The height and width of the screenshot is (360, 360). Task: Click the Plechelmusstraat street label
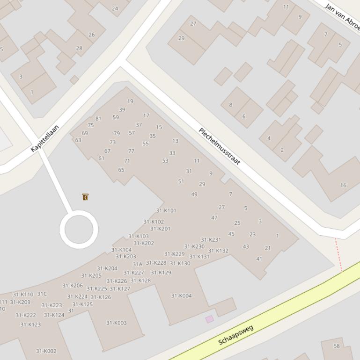click(x=220, y=146)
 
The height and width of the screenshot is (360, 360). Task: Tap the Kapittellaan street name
click(x=45, y=138)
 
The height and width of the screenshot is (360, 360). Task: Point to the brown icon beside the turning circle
click(x=85, y=197)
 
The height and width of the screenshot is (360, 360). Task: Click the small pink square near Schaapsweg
click(x=209, y=319)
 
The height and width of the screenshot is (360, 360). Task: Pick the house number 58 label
click(x=337, y=346)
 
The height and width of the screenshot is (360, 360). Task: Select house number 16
click(x=343, y=185)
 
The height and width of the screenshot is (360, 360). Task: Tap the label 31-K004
click(x=181, y=296)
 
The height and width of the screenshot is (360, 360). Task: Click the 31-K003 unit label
click(x=116, y=323)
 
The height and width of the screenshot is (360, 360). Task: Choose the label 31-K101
click(x=166, y=211)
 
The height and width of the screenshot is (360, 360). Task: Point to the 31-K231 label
click(x=211, y=240)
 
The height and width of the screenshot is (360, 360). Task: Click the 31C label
click(x=42, y=294)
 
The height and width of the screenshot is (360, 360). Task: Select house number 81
click(x=98, y=119)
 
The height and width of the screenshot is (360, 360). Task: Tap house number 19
click(x=130, y=101)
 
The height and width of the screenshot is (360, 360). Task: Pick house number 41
click(x=259, y=259)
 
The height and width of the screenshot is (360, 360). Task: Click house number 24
click(x=115, y=8)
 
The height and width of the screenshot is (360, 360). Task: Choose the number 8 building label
click(x=230, y=105)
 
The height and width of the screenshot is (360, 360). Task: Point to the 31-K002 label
click(x=46, y=351)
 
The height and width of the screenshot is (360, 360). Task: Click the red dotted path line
click(x=338, y=254)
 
